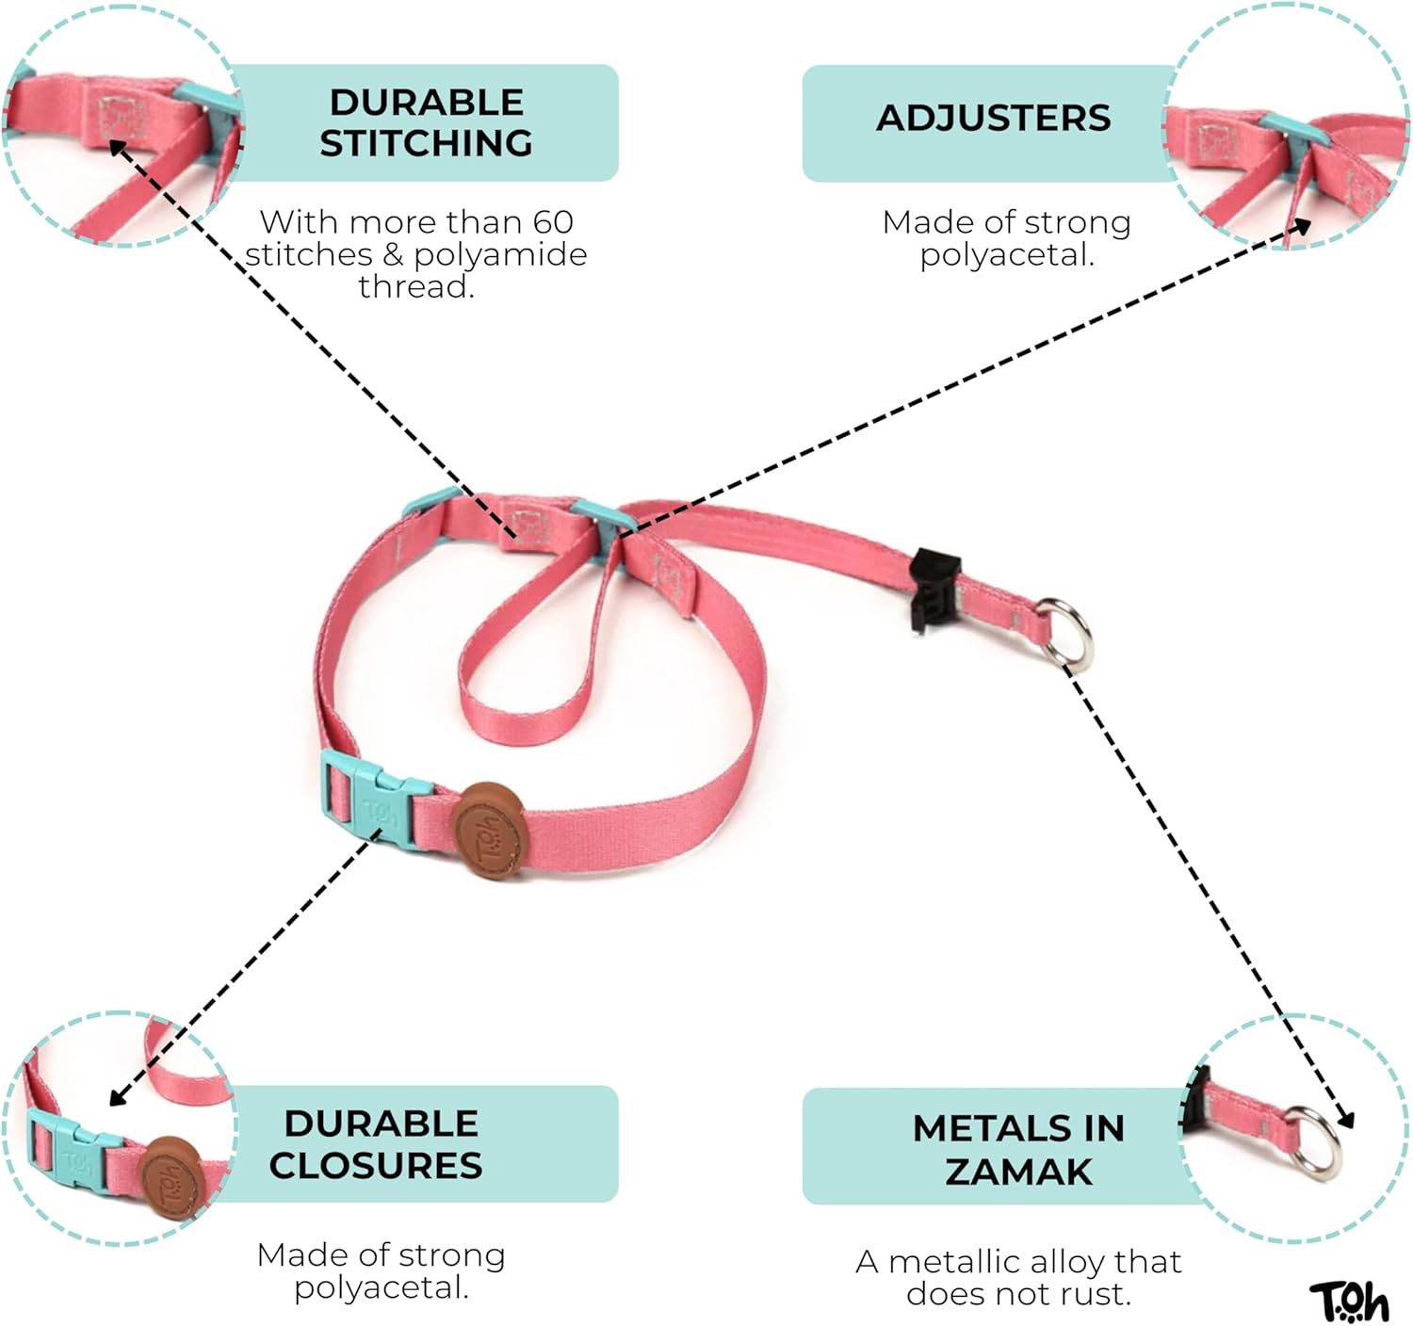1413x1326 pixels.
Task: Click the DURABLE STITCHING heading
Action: tap(426, 122)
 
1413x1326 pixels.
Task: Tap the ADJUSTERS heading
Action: tap(993, 119)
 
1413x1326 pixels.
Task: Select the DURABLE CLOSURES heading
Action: tap(377, 1144)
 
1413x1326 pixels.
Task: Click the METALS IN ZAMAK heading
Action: tap(1018, 1149)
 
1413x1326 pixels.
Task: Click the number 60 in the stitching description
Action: tap(553, 222)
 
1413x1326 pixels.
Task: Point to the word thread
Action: tap(415, 286)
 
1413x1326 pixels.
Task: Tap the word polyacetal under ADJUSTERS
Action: tap(1006, 254)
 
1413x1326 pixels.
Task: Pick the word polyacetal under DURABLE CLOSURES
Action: tap(381, 1287)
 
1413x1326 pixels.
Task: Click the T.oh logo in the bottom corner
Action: tap(1349, 1302)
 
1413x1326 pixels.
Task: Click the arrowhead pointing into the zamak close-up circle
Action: tap(1346, 1120)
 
